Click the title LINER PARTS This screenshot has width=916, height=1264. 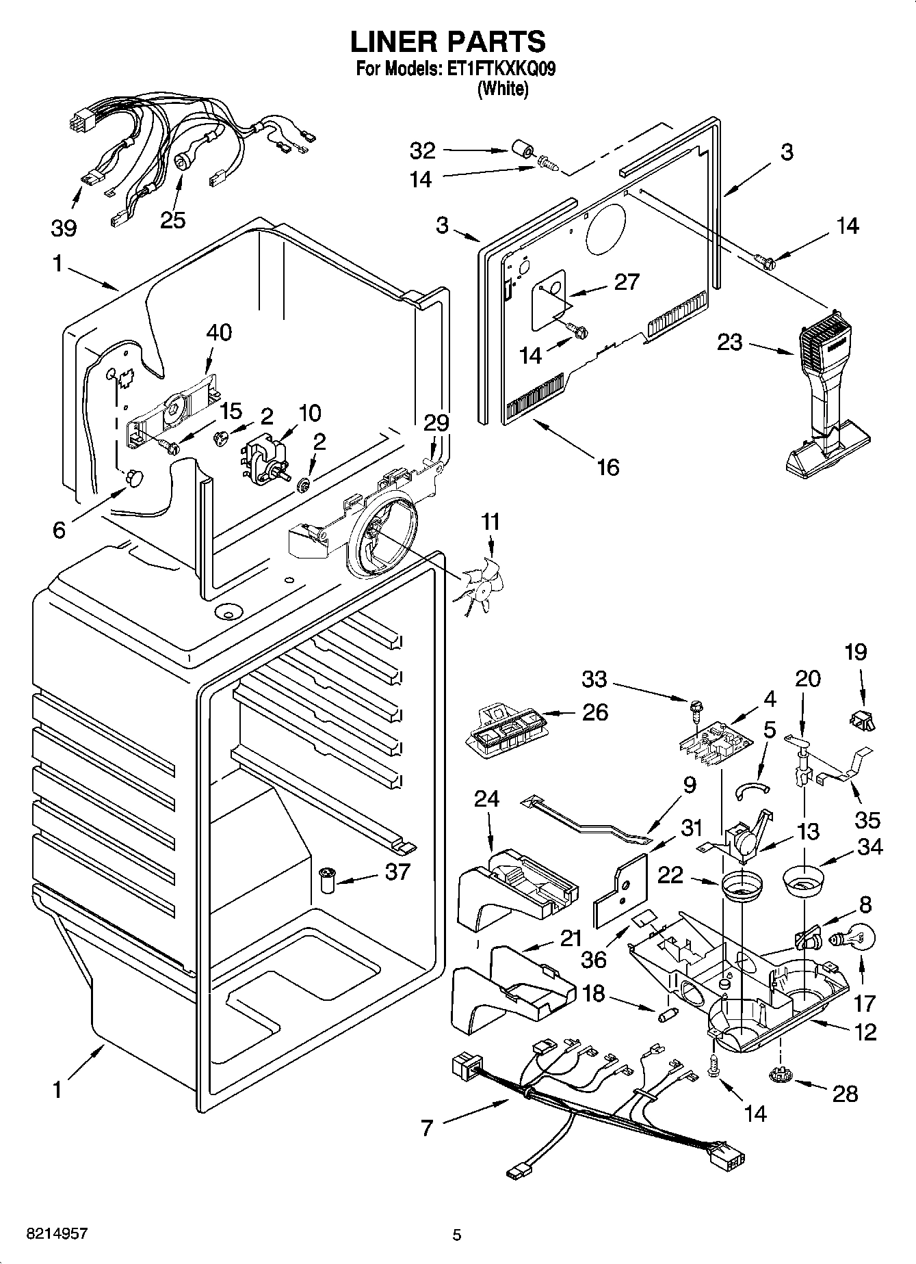tap(449, 42)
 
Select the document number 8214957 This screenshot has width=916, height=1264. tap(58, 1234)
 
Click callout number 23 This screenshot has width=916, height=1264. tap(729, 342)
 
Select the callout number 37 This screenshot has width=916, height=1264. tap(396, 872)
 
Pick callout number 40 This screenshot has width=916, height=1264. tap(219, 332)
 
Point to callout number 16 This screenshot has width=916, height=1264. tap(607, 467)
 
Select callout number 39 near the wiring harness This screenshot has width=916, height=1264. tap(64, 228)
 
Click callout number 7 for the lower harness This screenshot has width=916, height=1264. tap(426, 1127)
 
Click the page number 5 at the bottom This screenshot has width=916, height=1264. tap(457, 1235)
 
